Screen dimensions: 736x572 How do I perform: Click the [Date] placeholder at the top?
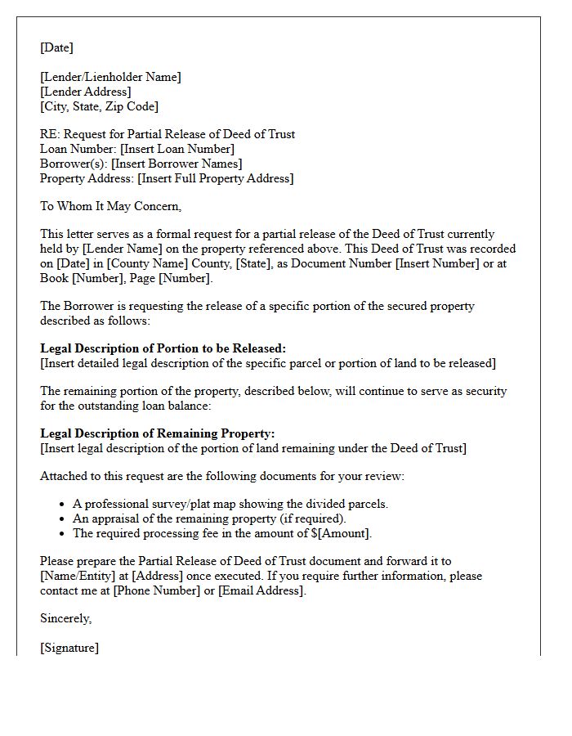(x=56, y=47)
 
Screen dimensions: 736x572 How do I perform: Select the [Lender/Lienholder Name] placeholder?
(x=110, y=77)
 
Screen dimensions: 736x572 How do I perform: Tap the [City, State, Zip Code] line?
(x=99, y=106)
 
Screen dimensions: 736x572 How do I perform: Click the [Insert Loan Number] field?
(x=177, y=149)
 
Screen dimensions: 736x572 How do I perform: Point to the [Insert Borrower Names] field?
(x=177, y=164)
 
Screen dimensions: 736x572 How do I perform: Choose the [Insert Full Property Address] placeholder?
(x=216, y=178)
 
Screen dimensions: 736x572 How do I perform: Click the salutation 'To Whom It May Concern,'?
(x=111, y=206)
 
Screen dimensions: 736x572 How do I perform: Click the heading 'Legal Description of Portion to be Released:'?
(x=163, y=348)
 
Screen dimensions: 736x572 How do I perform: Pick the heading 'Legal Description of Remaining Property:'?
(x=158, y=433)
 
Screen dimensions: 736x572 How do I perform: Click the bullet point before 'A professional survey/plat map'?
(x=64, y=505)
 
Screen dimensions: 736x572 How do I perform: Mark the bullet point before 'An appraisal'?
(x=64, y=519)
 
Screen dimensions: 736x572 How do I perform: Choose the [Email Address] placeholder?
(x=261, y=590)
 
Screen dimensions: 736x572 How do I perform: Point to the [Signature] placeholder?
(x=69, y=648)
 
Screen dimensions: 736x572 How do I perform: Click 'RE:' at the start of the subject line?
(x=49, y=134)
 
